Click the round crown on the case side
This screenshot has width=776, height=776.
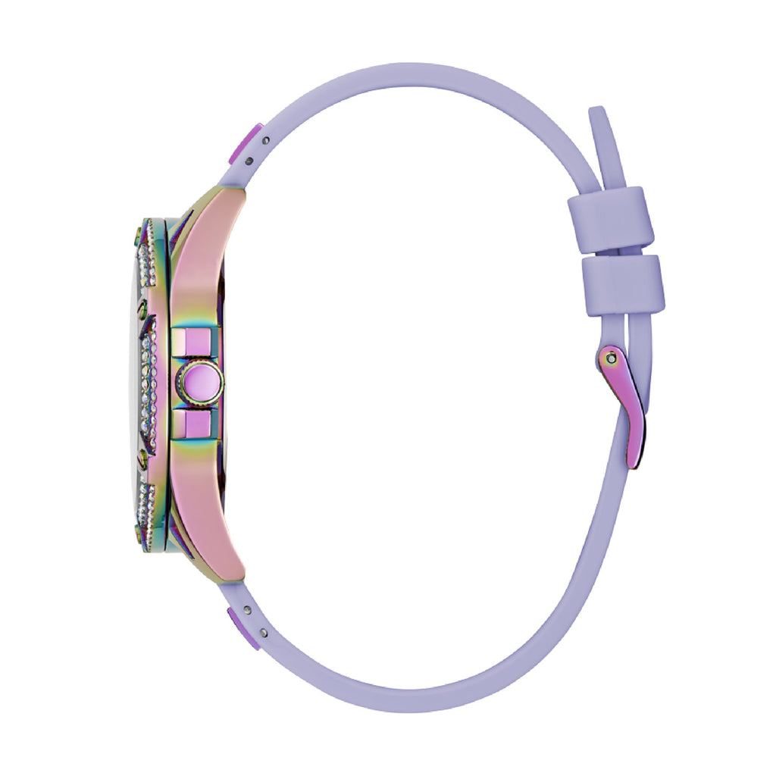[202, 383]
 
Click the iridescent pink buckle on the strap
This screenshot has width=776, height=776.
[626, 409]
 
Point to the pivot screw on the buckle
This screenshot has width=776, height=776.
[610, 356]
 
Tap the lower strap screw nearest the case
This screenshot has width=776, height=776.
[248, 609]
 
